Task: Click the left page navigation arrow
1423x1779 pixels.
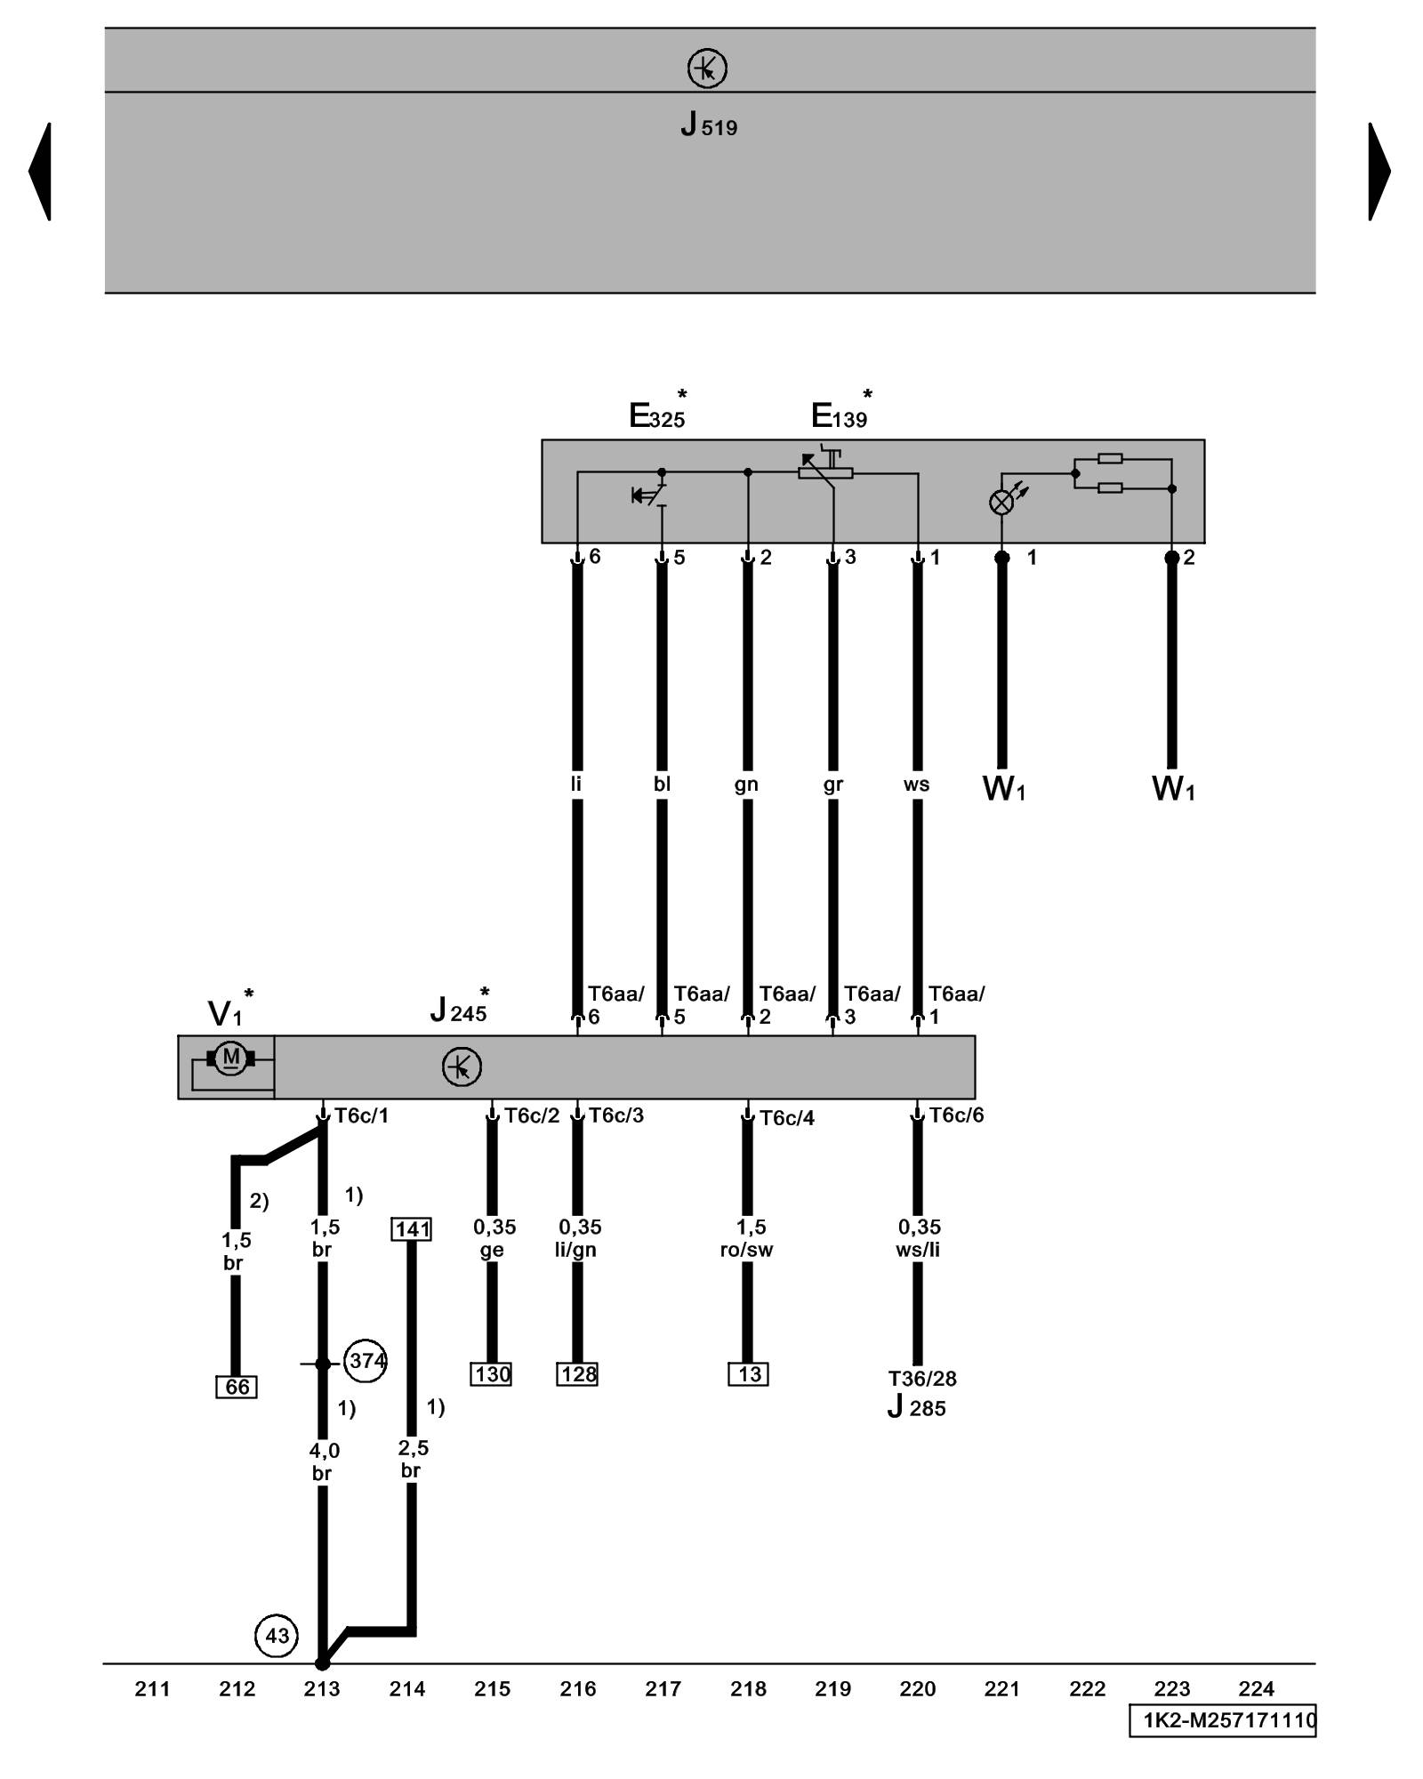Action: coord(41,171)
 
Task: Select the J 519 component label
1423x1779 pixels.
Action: coord(709,125)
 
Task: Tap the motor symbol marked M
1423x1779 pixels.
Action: coord(231,1058)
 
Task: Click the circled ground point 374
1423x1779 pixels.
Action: coord(366,1360)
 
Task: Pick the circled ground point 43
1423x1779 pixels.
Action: coord(277,1636)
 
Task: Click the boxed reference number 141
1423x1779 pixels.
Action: coord(412,1229)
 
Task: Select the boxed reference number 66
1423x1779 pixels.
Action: coord(237,1387)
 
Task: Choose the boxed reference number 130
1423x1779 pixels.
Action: coord(492,1374)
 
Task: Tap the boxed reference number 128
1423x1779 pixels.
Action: coord(578,1374)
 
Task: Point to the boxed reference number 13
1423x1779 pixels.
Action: coord(748,1374)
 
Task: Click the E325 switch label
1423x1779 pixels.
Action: coord(658,415)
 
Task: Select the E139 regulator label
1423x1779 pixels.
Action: coord(840,415)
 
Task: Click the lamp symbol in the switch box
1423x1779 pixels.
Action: coord(1001,503)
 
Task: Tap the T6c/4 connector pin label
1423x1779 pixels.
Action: coord(786,1117)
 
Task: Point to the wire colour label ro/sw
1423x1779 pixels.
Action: coord(746,1250)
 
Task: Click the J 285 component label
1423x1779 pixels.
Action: coord(917,1408)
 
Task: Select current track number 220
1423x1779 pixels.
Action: coord(917,1688)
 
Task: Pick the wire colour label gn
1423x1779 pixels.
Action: coord(746,784)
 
